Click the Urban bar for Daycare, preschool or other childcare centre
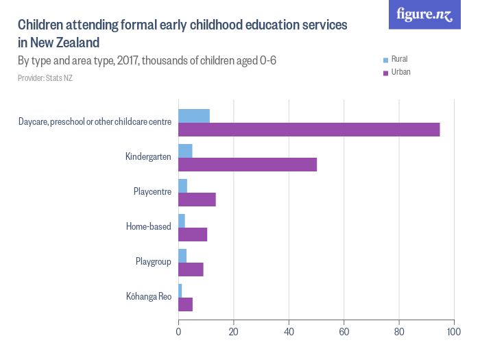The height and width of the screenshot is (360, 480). (309, 130)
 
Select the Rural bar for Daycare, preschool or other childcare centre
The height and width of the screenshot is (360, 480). (194, 115)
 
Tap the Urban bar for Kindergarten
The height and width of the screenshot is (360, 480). (248, 165)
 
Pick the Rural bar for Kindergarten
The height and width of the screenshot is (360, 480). (185, 150)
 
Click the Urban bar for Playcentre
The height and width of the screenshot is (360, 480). (197, 200)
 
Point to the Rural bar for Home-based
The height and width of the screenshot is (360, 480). (182, 220)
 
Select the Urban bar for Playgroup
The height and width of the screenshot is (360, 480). (191, 269)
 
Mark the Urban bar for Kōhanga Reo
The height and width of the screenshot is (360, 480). (185, 304)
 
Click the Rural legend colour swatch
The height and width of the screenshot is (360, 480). (386, 60)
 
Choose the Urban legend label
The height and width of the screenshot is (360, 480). (400, 72)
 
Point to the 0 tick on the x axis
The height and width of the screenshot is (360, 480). (178, 332)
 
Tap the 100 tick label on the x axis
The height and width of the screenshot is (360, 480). (453, 332)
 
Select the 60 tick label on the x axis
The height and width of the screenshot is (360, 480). (344, 332)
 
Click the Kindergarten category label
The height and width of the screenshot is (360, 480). (148, 157)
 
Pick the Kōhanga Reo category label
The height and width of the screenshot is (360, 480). (148, 297)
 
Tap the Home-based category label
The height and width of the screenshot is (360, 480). (148, 227)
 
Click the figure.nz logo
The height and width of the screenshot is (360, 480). (424, 14)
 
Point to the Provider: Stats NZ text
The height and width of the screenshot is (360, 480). (45, 78)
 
